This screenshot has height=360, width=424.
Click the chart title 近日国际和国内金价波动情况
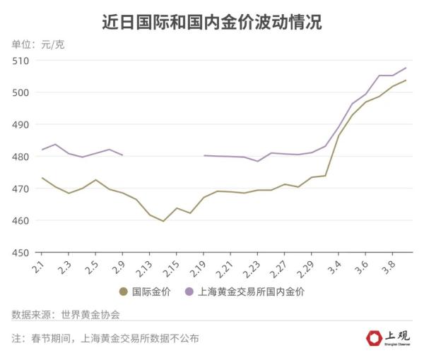(x=212, y=23)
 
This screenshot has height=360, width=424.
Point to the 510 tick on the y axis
(x=21, y=61)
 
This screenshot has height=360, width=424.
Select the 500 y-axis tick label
(x=21, y=92)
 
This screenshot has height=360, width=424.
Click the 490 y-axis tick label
(x=21, y=125)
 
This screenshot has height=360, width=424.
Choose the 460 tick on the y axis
(x=21, y=221)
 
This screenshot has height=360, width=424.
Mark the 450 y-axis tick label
(x=21, y=253)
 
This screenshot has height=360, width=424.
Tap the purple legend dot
(x=189, y=291)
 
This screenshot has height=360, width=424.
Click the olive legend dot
(x=123, y=291)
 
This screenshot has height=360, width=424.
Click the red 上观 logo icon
(x=374, y=338)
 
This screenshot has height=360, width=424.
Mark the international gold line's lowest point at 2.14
(x=163, y=221)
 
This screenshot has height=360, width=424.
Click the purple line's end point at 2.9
(x=123, y=155)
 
